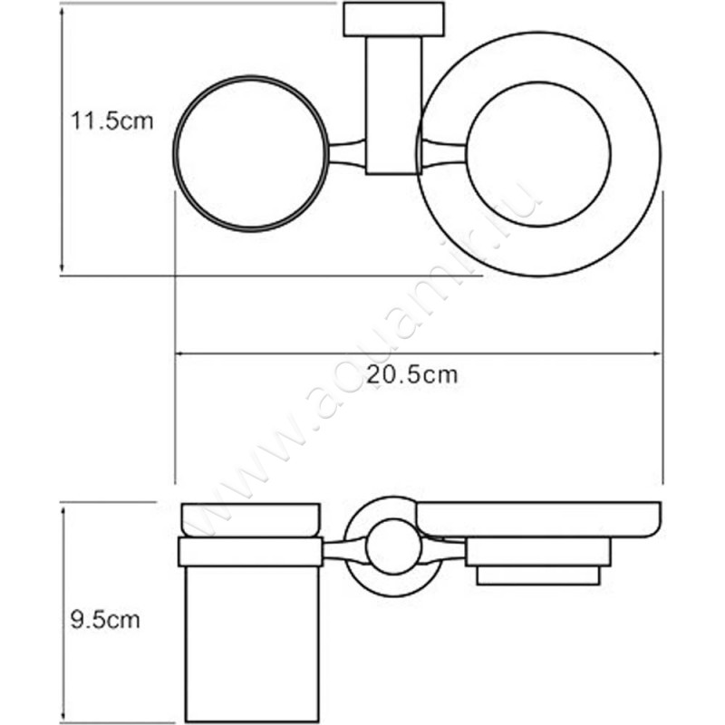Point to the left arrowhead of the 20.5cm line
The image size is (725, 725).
click(x=179, y=353)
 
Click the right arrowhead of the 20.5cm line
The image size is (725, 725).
click(x=658, y=353)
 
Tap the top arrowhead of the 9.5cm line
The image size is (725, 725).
click(x=62, y=509)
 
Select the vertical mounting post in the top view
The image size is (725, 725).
click(x=393, y=104)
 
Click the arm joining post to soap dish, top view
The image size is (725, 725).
click(x=442, y=152)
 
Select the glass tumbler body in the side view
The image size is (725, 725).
click(x=250, y=643)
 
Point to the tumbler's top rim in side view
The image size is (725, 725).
click(x=251, y=518)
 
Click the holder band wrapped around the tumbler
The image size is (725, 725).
click(x=251, y=551)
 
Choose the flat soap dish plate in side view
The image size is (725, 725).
click(x=538, y=518)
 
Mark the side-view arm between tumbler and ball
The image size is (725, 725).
click(x=344, y=549)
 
